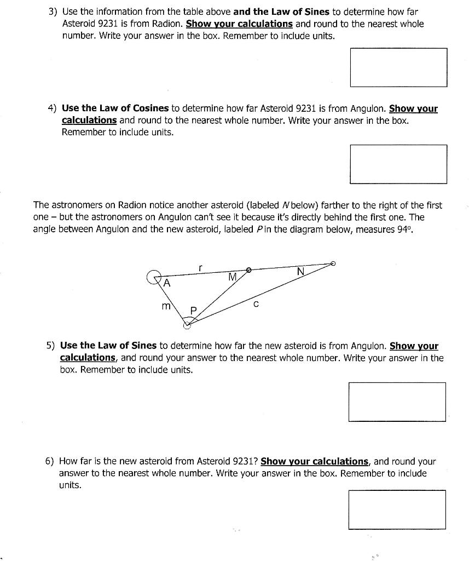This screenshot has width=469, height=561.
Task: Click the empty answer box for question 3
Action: click(x=398, y=67)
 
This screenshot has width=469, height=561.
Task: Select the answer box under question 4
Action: click(x=398, y=164)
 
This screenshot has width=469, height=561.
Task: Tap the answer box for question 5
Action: click(x=397, y=402)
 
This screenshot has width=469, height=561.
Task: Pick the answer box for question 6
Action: click(x=397, y=510)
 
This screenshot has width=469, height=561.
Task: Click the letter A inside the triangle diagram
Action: click(x=167, y=283)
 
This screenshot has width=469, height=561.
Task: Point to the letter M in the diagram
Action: click(x=233, y=277)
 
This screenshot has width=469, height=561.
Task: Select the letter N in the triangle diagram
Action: click(x=300, y=271)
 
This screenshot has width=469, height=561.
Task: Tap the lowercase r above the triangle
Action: click(x=201, y=268)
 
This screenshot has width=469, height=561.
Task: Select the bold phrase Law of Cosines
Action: click(x=131, y=108)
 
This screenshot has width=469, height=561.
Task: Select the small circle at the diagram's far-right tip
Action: click(x=333, y=264)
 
